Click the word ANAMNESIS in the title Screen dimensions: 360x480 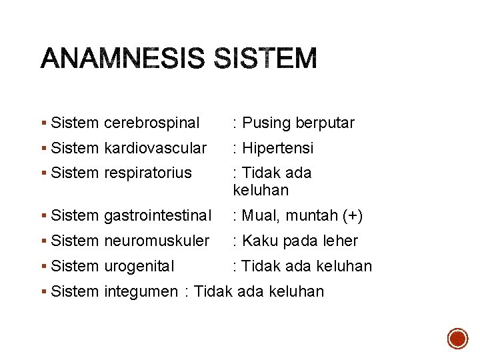pyautogui.click(x=122, y=59)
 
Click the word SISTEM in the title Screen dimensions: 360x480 pyautogui.click(x=266, y=59)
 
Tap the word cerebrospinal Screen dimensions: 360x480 pyautogui.click(x=151, y=123)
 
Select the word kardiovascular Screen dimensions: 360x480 pyautogui.click(x=155, y=148)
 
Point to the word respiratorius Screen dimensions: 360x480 pyautogui.click(x=147, y=173)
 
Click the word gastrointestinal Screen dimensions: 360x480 pyautogui.click(x=157, y=216)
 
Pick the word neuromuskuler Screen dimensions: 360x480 pyautogui.click(x=157, y=241)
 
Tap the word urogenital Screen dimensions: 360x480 pyautogui.click(x=139, y=266)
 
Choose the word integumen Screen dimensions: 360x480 pyautogui.click(x=141, y=291)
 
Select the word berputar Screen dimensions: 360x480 pyautogui.click(x=325, y=123)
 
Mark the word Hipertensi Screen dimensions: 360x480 pyautogui.click(x=277, y=148)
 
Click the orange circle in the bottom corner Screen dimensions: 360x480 pyautogui.click(x=457, y=339)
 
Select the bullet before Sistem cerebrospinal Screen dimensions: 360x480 pyautogui.click(x=43, y=123)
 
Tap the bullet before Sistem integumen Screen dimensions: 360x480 pyautogui.click(x=43, y=291)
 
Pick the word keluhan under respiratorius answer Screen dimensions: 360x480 pyautogui.click(x=261, y=191)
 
